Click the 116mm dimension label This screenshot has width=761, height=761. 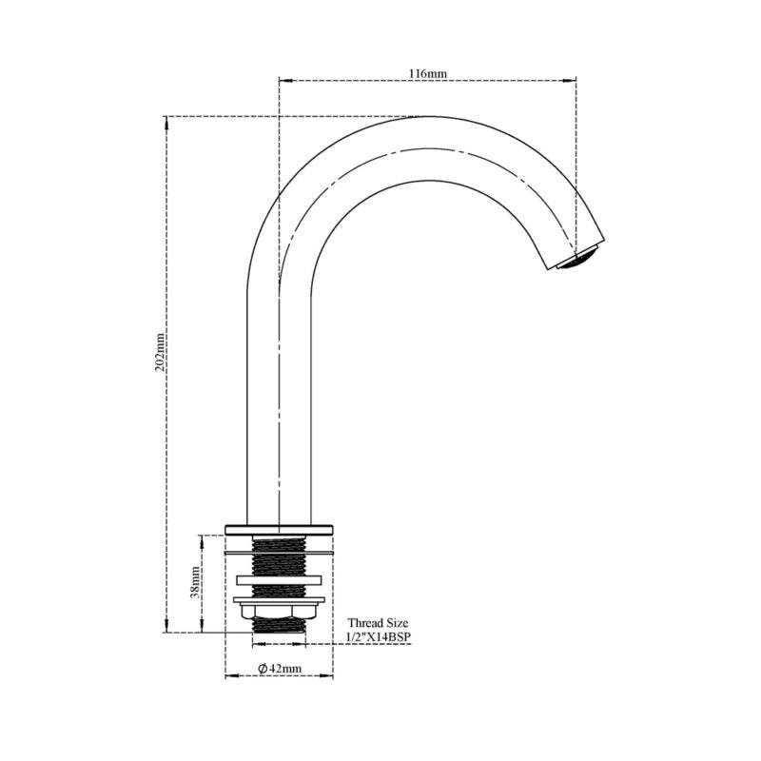click(x=427, y=72)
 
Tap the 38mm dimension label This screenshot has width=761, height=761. click(x=194, y=582)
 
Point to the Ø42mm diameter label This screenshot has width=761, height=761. click(x=280, y=669)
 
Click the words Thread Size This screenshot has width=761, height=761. click(x=378, y=622)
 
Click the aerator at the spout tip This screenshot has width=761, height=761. click(x=580, y=258)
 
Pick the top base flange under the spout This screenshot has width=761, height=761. click(x=279, y=528)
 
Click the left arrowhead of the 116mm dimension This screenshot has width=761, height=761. click(x=283, y=80)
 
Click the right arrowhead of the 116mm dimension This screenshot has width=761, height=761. click(x=573, y=80)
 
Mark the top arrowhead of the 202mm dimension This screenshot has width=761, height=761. click(x=166, y=121)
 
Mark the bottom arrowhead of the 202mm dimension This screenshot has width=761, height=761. click(x=166, y=628)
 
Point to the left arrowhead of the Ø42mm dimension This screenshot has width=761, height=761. click(x=229, y=676)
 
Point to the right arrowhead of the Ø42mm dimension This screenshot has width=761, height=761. click(x=329, y=676)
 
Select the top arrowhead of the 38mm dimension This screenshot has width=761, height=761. click(x=201, y=539)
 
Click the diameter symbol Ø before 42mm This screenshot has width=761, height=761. click(x=262, y=669)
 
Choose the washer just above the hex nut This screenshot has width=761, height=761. click(x=279, y=598)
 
